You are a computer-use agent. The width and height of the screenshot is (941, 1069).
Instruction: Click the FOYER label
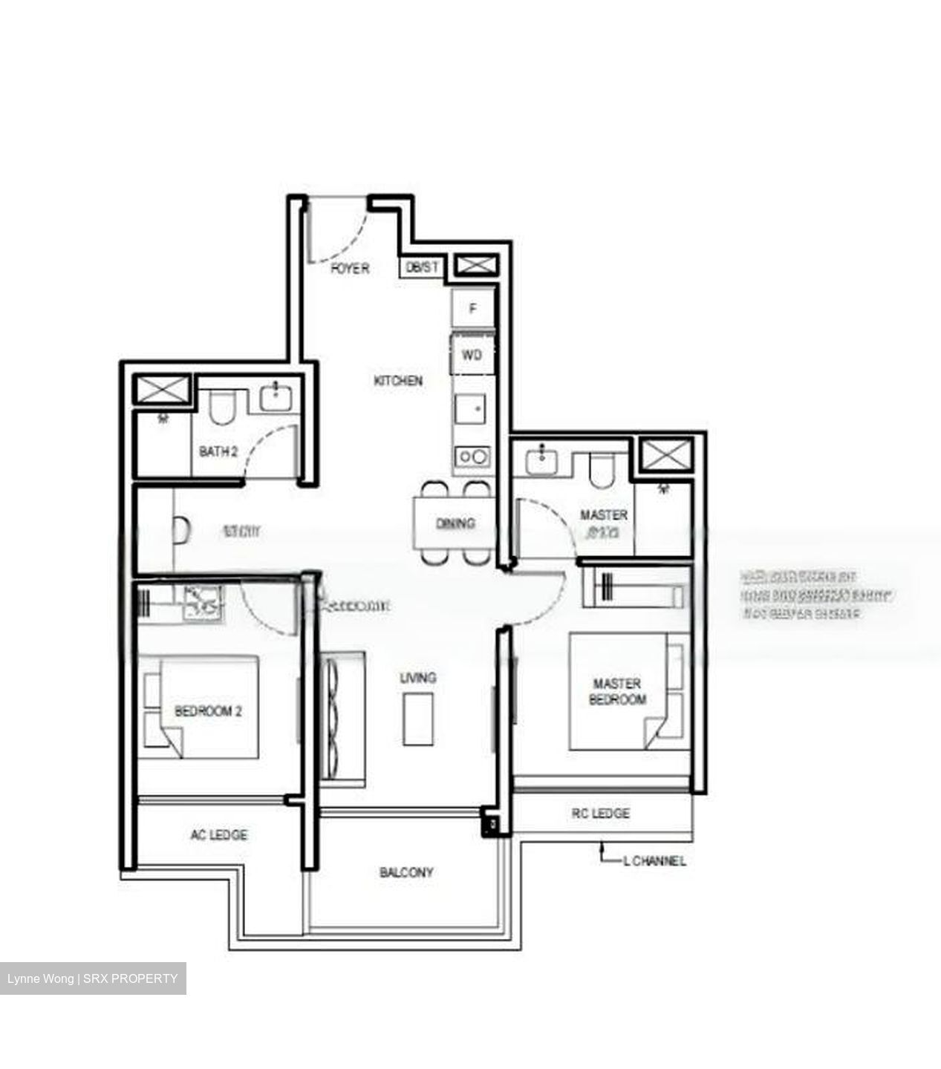click(350, 268)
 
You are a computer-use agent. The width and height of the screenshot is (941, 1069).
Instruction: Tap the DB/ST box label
click(423, 267)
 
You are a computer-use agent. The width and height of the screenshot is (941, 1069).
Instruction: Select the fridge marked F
click(472, 308)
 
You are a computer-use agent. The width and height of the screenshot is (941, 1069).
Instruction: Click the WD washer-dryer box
click(472, 355)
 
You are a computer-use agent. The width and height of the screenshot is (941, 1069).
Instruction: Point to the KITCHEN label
click(398, 381)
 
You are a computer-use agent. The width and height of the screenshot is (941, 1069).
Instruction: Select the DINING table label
click(455, 523)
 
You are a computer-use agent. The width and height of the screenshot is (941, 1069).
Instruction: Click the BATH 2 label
click(218, 451)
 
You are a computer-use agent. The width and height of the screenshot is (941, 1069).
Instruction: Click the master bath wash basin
click(545, 460)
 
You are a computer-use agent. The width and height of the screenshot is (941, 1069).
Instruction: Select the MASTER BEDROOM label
click(617, 691)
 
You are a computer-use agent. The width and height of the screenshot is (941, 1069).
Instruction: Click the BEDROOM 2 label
click(209, 711)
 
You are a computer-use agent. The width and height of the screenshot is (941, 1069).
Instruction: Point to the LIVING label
click(418, 677)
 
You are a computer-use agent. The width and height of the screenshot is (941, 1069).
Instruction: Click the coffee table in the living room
click(418, 719)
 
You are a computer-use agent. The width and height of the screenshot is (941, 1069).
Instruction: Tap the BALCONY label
click(406, 872)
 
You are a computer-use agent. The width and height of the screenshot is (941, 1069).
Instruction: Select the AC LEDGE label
click(219, 835)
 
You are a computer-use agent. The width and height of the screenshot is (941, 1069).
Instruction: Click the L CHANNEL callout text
click(654, 861)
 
